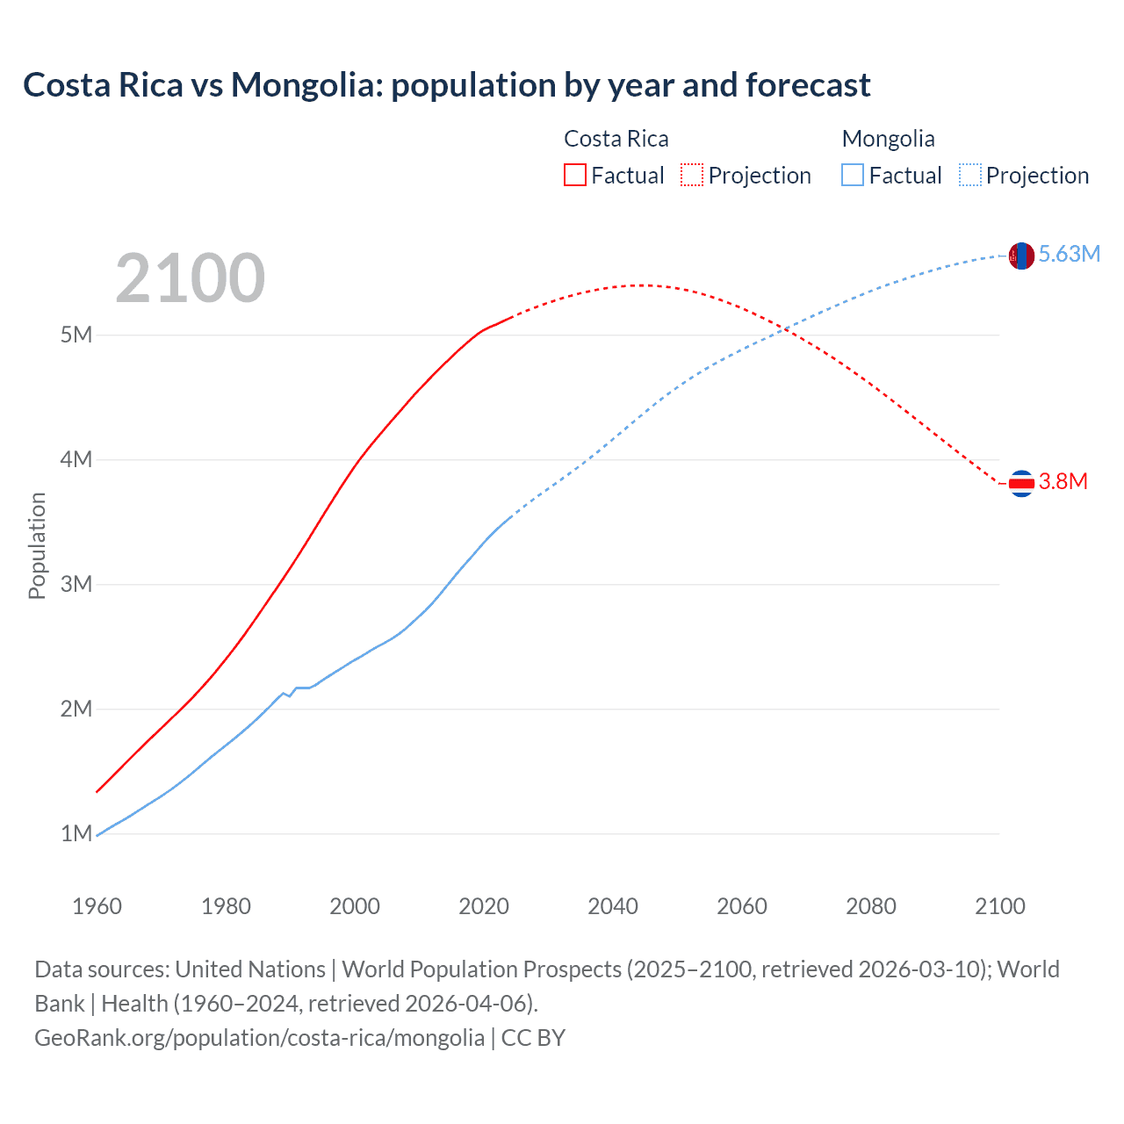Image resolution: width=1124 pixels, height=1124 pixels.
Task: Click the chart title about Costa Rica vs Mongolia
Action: (x=446, y=85)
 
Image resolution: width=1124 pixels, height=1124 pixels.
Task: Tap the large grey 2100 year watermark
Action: (x=190, y=278)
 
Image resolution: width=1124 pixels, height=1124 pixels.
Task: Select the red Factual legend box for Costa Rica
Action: (x=574, y=175)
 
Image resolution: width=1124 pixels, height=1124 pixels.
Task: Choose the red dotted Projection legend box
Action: (x=692, y=175)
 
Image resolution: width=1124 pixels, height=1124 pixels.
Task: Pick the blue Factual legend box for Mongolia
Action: (x=852, y=175)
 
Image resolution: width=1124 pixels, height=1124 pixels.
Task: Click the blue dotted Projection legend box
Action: (x=969, y=175)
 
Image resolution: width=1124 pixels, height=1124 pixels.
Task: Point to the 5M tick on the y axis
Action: (x=76, y=335)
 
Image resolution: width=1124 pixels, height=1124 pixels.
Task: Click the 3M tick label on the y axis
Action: (x=76, y=584)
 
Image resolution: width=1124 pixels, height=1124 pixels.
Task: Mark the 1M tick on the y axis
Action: (x=76, y=833)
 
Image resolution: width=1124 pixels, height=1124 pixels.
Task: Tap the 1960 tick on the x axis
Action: (x=97, y=906)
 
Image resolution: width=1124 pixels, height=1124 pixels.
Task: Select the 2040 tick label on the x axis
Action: (x=613, y=906)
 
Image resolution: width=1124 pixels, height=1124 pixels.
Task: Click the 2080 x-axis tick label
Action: (x=871, y=906)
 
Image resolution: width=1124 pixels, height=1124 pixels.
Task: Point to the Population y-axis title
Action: (x=37, y=545)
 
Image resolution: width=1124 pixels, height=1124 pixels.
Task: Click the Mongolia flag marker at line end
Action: (x=1021, y=256)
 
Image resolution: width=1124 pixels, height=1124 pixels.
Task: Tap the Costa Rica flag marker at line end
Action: (x=1021, y=483)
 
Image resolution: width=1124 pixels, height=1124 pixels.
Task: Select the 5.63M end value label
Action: (x=1069, y=255)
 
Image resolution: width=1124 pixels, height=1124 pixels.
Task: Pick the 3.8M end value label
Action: (x=1063, y=481)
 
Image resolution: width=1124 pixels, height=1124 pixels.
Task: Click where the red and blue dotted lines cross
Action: (x=785, y=329)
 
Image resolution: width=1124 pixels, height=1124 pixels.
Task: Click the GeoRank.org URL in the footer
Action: (x=259, y=1038)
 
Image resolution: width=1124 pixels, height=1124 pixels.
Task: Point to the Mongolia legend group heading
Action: (x=888, y=139)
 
